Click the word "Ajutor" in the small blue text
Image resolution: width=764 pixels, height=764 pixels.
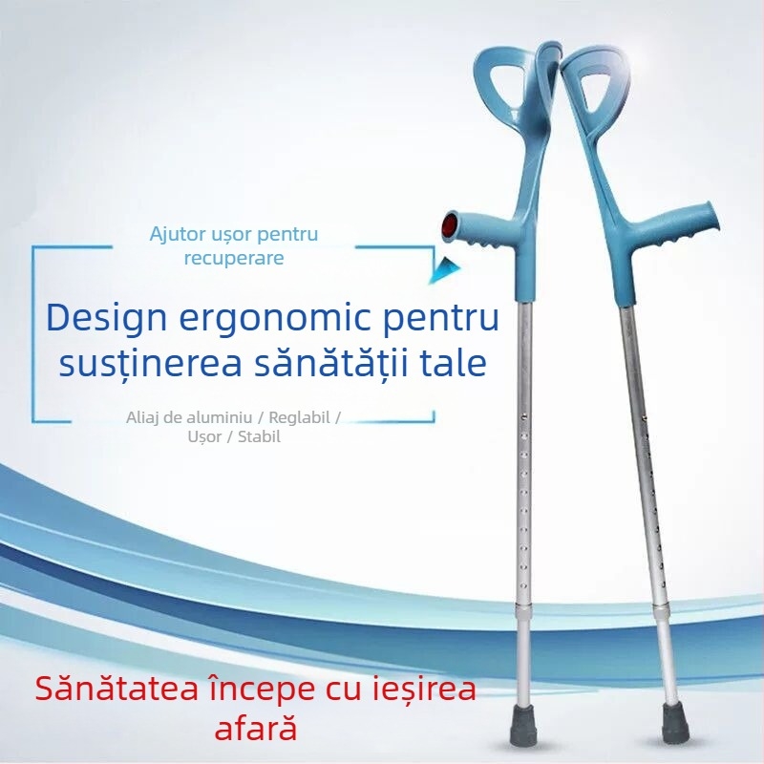point(180,234)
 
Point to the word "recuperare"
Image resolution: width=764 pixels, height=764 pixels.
point(235,258)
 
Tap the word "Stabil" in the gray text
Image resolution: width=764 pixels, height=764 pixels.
point(255,437)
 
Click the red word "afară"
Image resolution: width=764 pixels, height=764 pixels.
point(256,730)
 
